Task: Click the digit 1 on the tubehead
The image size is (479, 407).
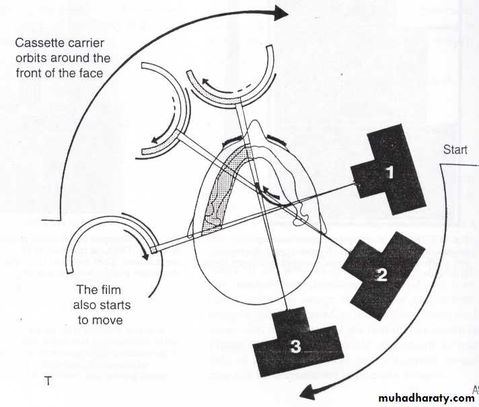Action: pyautogui.click(x=389, y=172)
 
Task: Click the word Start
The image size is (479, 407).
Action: pyautogui.click(x=455, y=150)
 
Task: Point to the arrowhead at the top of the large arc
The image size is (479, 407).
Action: pyautogui.click(x=281, y=11)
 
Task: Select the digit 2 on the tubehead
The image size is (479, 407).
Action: pyautogui.click(x=381, y=274)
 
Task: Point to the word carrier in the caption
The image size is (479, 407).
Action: pyautogui.click(x=85, y=42)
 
